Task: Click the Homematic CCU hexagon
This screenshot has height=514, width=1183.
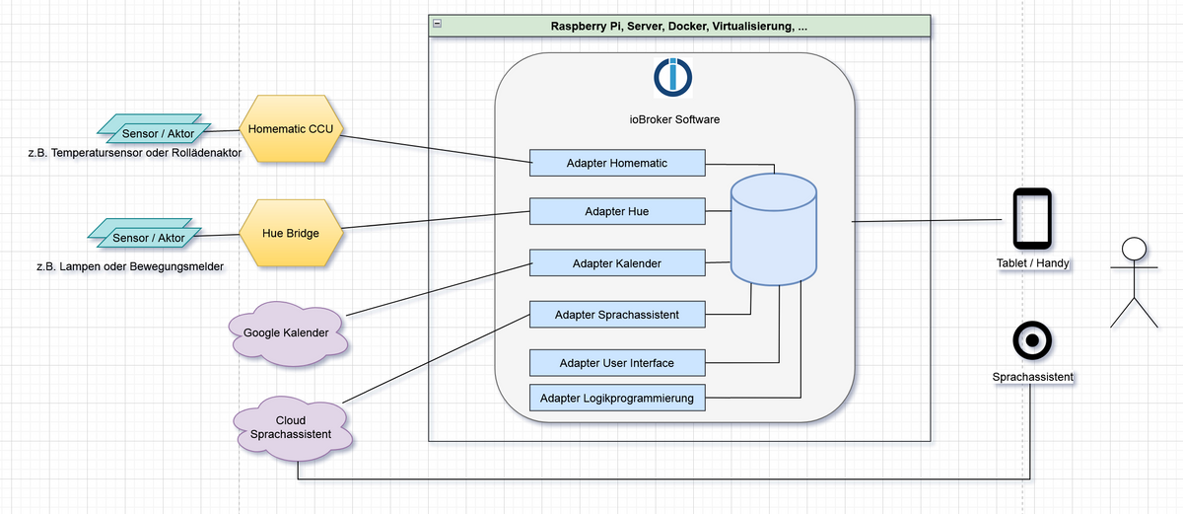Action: click(x=291, y=129)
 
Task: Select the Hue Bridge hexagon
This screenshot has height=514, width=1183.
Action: click(x=291, y=233)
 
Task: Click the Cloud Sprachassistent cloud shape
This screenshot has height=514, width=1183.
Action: click(x=290, y=427)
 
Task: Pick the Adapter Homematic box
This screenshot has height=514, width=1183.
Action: click(x=617, y=163)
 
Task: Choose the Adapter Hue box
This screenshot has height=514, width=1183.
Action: click(x=617, y=211)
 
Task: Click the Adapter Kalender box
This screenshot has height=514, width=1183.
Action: click(x=617, y=263)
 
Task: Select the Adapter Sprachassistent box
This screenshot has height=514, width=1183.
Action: click(x=617, y=315)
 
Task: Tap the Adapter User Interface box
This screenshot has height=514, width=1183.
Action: click(x=617, y=363)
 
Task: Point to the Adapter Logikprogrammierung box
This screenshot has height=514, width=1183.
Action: click(x=617, y=399)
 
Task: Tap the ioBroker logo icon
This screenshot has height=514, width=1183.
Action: click(x=673, y=76)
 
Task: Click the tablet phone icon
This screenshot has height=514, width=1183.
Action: click(x=1032, y=218)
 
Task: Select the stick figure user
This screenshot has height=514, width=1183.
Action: click(x=1134, y=282)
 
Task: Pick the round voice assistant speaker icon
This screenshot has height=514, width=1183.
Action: click(x=1032, y=341)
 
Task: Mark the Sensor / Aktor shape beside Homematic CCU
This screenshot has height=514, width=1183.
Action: click(x=152, y=132)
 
